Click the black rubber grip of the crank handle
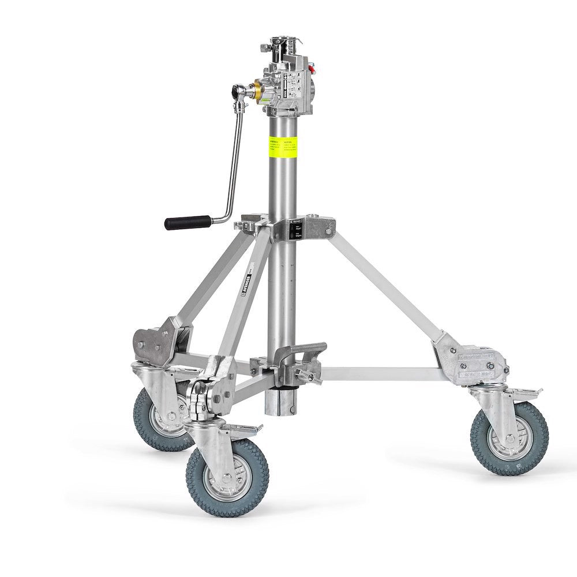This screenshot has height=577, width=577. click(188, 222)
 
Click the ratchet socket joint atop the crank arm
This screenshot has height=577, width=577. click(238, 91)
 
